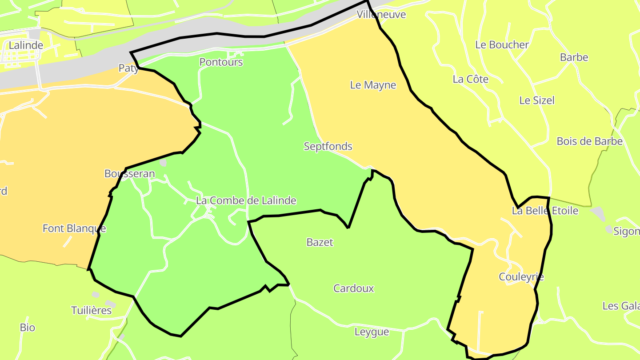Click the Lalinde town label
click(26, 45)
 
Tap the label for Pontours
click(221, 62)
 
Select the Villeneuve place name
click(381, 15)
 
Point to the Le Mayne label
click(373, 85)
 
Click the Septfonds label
click(328, 146)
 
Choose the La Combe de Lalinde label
click(246, 201)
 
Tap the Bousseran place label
click(130, 174)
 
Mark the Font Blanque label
click(74, 228)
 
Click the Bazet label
click(320, 242)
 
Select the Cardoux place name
click(354, 288)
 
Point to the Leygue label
click(372, 332)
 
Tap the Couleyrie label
click(521, 277)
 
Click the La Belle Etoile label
click(545, 211)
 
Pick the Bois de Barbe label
click(589, 141)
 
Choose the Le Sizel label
click(537, 100)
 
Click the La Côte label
click(470, 80)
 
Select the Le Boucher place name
click(502, 45)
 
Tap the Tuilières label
click(92, 310)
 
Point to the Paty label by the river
click(128, 68)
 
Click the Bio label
click(28, 328)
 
